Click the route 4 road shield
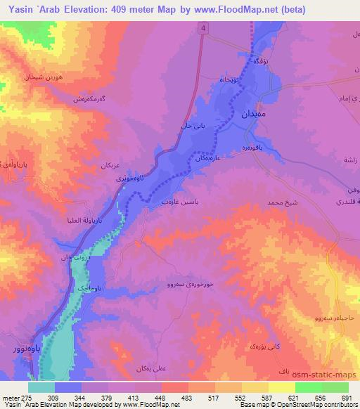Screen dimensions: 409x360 click(204, 28)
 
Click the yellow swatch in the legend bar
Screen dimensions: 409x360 click(281, 387)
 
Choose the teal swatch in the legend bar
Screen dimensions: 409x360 click(41, 387)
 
